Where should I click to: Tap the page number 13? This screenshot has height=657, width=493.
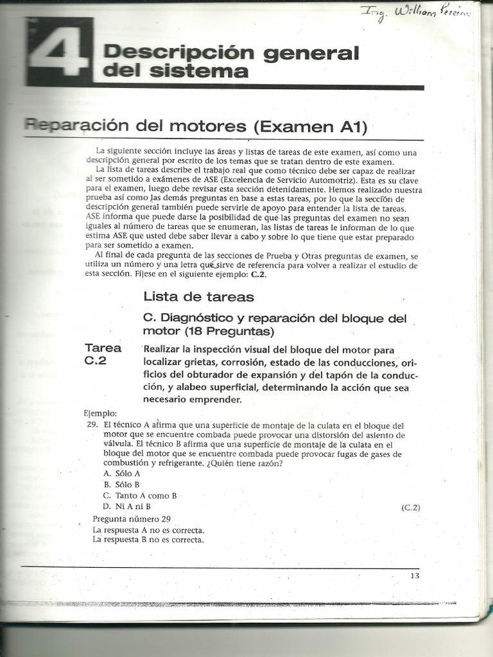click(415, 576)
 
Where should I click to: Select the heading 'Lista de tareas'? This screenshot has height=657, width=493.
click(198, 296)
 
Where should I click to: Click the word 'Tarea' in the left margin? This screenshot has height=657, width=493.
click(103, 348)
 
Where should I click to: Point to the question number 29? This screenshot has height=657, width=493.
click(91, 425)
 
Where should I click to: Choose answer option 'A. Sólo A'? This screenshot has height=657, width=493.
click(122, 473)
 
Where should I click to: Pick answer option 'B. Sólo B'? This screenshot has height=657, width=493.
click(122, 484)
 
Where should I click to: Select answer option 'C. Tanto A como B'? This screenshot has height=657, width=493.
click(139, 495)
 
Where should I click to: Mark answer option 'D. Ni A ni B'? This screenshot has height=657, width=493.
click(126, 506)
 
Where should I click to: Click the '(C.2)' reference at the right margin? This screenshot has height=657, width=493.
click(410, 508)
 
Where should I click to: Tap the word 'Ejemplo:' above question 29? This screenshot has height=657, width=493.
click(101, 413)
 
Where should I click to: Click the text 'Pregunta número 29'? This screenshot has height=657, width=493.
click(131, 519)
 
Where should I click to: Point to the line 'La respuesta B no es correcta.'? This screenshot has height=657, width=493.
click(148, 540)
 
